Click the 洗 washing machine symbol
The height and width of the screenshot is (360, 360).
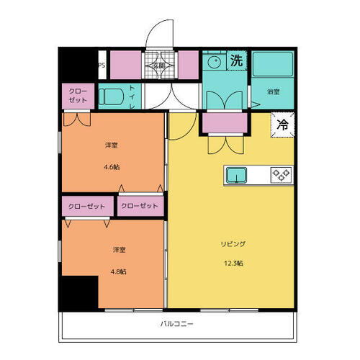click(x=235, y=62)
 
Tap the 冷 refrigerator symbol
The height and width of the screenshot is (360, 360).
click(x=282, y=125)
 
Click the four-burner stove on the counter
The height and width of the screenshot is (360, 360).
click(x=279, y=174)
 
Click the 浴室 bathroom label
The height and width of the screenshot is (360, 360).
click(x=273, y=92)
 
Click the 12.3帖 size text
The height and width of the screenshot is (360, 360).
click(x=231, y=263)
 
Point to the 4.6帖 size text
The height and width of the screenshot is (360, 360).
click(x=112, y=166)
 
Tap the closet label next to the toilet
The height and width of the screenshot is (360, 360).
click(x=78, y=96)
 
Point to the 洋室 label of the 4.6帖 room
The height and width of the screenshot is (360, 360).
click(x=112, y=145)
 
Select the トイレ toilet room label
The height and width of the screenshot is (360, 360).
click(x=134, y=97)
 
